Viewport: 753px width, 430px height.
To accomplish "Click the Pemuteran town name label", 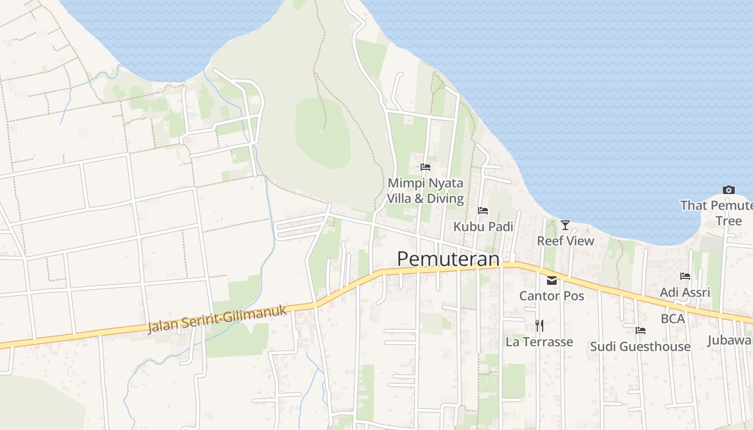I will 448,259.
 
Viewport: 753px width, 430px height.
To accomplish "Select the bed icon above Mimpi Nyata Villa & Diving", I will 425,167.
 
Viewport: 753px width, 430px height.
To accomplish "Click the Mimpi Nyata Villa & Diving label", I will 425,191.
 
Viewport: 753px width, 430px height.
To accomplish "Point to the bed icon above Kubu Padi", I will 483,211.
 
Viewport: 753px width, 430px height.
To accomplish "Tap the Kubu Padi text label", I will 483,226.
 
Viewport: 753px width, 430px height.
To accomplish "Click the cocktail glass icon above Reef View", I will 565,225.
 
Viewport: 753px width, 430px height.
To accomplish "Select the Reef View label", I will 565,241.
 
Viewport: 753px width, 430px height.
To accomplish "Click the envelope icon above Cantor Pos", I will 552,280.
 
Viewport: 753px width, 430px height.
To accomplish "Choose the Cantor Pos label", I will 551,296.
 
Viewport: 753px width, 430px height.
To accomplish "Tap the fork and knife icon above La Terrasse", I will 539,325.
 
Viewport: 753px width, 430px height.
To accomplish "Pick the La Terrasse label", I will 539,342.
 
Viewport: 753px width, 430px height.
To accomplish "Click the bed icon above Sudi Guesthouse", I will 640,330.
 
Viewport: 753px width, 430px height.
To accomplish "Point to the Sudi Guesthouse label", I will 640,347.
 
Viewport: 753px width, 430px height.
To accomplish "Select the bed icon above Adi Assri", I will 685,276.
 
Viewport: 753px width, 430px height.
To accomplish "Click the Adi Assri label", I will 685,292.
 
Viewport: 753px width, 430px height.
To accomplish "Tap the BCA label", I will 673,319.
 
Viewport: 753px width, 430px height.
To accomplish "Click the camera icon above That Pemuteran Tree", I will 729,190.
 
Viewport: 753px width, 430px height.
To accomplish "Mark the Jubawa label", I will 730,340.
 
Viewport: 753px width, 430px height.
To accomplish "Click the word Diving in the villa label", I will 444,198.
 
